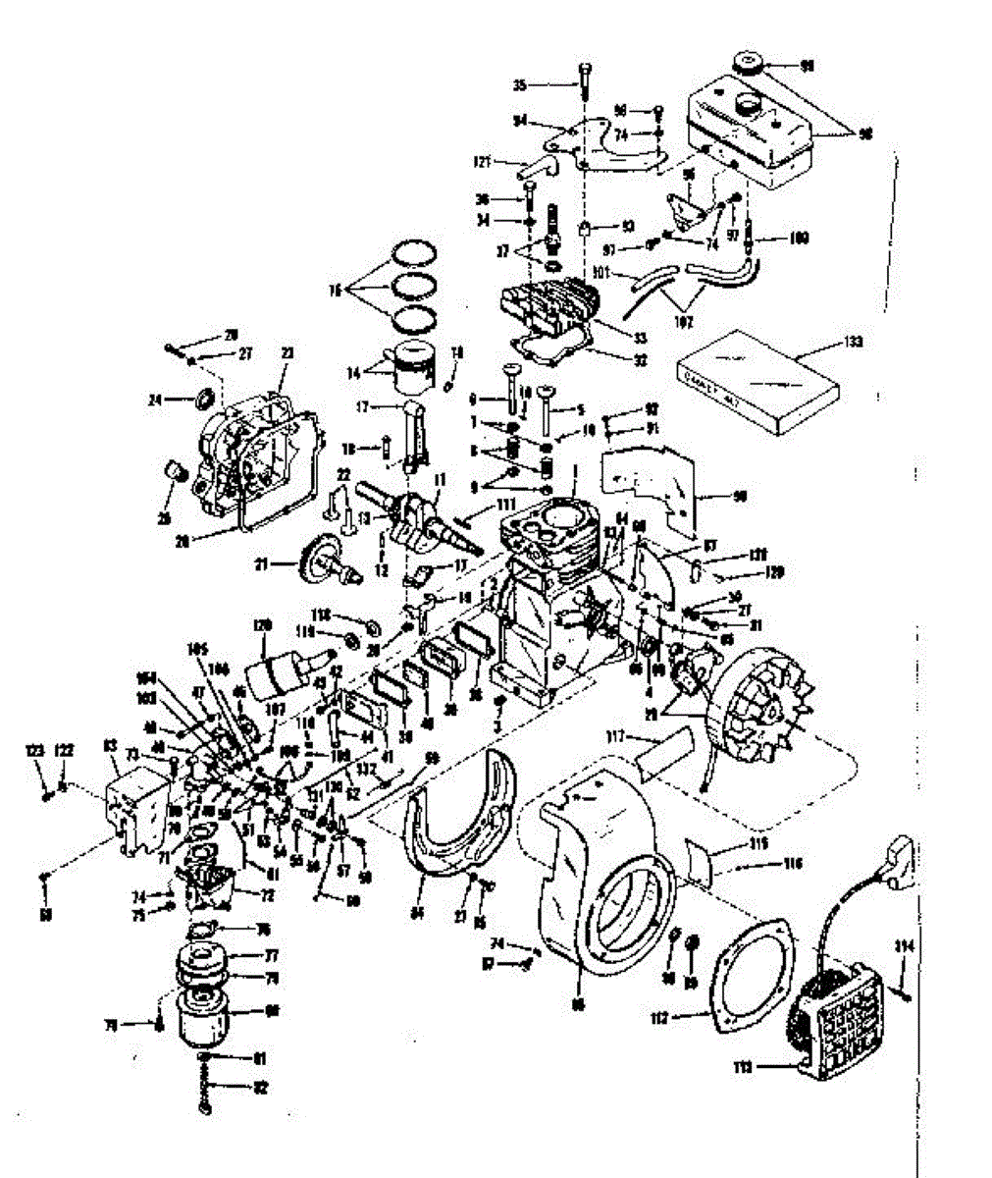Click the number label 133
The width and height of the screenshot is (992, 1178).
coord(853,342)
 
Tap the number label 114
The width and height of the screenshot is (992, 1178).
coord(904,945)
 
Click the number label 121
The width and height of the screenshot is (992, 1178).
coord(486,162)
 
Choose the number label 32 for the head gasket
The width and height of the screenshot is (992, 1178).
coord(640,360)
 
